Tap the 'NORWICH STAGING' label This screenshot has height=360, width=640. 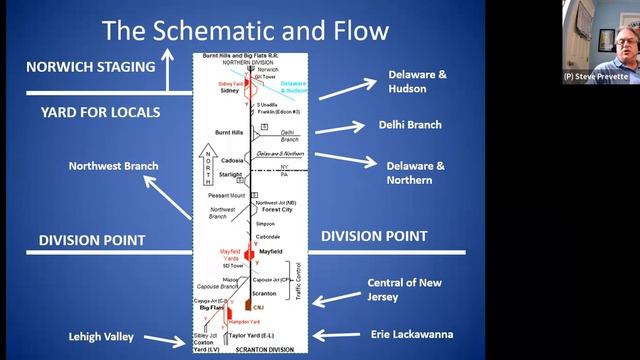click(x=91, y=67)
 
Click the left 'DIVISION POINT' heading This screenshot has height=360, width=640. click(x=92, y=240)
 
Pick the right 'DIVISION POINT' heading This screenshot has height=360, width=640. click(x=374, y=236)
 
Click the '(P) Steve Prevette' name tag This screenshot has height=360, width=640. click(x=597, y=76)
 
